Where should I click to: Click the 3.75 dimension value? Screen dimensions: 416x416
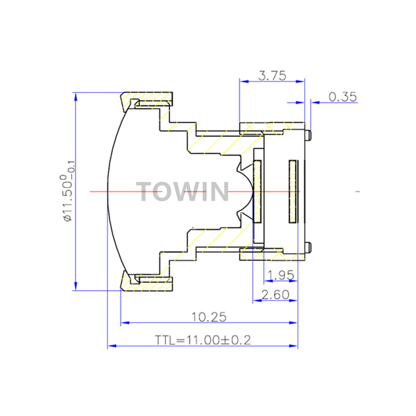click(272, 75)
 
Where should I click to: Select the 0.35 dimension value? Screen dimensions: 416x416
click(343, 97)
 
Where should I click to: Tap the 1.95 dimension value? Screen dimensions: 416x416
click(281, 275)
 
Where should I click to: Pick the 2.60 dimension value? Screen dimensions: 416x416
click(275, 295)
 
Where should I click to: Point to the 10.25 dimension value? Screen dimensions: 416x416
click(209, 317)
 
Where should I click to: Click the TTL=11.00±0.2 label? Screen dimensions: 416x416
click(203, 340)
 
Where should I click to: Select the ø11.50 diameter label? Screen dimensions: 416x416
click(68, 191)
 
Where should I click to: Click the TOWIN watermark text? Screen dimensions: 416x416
click(183, 191)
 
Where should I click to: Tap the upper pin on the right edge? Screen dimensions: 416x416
click(308, 135)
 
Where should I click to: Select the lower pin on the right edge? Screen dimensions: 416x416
click(308, 248)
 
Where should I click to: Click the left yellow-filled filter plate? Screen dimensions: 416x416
click(257, 191)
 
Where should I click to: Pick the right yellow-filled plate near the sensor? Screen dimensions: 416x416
click(293, 191)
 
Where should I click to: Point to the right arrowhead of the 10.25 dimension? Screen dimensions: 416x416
click(293, 322)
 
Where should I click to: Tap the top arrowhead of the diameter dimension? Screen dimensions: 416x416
click(75, 97)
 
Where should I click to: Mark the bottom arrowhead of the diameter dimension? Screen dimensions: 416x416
click(75, 286)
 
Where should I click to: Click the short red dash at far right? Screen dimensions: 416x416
click(358, 191)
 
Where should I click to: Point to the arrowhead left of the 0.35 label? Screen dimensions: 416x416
click(300, 102)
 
